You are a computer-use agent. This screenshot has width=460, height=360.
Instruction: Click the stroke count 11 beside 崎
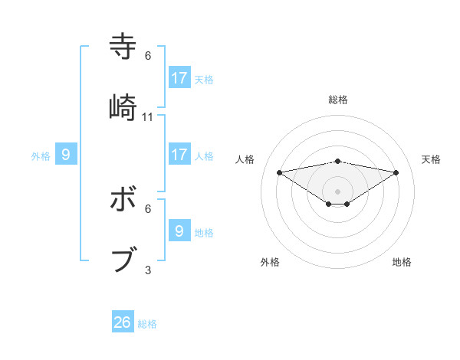[x=148, y=117]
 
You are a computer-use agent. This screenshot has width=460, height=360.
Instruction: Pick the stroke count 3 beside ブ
[x=148, y=270]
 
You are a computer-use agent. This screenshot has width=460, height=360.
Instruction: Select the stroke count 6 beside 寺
[x=148, y=56]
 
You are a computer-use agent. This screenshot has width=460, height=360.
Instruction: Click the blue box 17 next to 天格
[x=179, y=78]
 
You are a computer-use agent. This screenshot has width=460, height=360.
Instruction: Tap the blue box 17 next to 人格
[x=179, y=155]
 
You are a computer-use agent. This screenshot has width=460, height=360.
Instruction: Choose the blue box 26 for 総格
[x=123, y=322]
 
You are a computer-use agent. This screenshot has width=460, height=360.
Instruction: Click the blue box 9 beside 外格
[x=66, y=155]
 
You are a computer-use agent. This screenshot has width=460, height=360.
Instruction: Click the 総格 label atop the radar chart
[x=338, y=100]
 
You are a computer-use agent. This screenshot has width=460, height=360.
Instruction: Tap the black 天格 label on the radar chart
[x=431, y=159]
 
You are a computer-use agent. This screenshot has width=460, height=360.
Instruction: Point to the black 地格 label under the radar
[x=402, y=262]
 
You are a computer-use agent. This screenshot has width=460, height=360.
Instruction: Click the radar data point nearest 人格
[x=280, y=172]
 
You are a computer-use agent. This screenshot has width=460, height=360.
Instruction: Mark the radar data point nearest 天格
[x=396, y=172]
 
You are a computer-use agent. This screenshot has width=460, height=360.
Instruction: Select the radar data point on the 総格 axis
[x=337, y=161]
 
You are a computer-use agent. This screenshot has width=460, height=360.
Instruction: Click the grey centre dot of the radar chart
[x=337, y=191]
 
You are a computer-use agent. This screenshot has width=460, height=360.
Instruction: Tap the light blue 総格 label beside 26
[x=147, y=324]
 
